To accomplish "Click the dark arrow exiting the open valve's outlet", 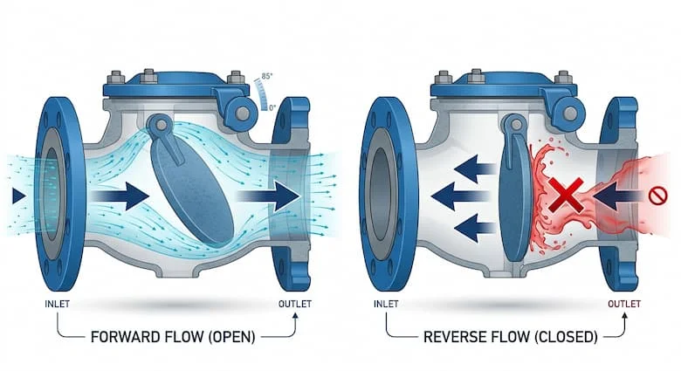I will click(x=278, y=196).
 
